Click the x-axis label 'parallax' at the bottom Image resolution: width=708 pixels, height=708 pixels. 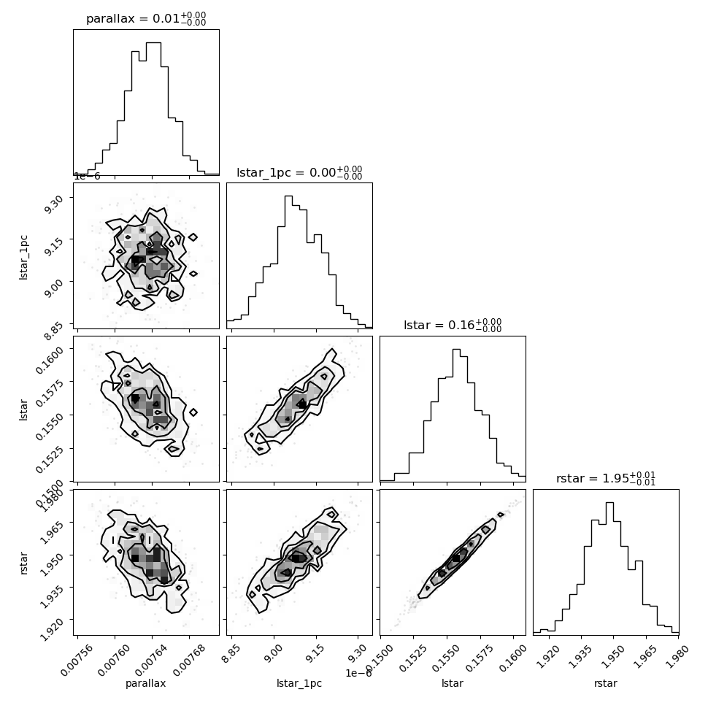(x=146, y=683)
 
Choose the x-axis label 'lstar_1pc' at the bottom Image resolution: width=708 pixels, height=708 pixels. (x=299, y=683)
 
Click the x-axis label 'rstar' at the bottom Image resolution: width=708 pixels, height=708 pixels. (x=606, y=683)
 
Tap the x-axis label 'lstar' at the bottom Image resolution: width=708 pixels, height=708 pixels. (x=453, y=683)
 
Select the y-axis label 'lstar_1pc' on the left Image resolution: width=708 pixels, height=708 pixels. (x=23, y=258)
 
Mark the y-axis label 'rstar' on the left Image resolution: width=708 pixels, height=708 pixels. (x=23, y=563)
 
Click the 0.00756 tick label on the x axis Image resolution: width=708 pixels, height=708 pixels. (x=77, y=660)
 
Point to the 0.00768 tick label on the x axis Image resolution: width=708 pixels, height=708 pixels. (x=188, y=660)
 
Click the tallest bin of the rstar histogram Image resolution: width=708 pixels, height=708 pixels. (x=609, y=568)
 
